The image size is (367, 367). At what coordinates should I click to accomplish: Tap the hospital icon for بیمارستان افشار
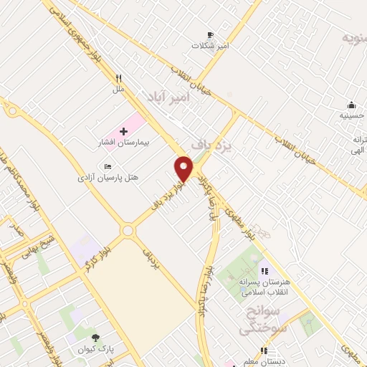tap(123, 132)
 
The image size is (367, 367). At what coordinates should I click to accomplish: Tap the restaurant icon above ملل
tap(119, 78)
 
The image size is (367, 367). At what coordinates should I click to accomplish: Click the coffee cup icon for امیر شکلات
tap(210, 34)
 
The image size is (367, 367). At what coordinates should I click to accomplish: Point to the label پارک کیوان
tap(95, 349)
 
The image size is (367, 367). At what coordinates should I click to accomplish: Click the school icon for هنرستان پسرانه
tap(264, 272)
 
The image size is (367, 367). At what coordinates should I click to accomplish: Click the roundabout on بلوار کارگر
tap(128, 231)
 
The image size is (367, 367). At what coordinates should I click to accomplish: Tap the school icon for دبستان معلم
tap(263, 351)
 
